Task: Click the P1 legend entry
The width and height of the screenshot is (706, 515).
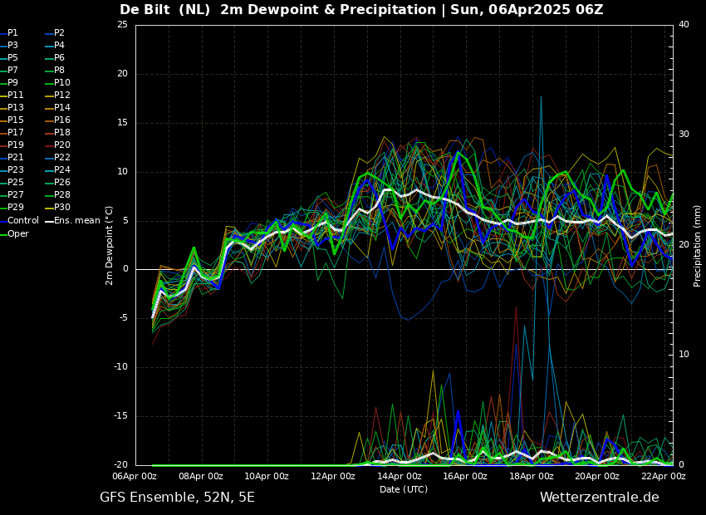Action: [12, 33]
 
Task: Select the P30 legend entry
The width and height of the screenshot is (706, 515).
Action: [61, 208]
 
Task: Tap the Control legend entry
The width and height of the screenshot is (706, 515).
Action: [23, 221]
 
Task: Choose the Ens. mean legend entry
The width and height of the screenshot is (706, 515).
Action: [77, 221]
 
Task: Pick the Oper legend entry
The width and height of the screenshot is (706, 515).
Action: [18, 234]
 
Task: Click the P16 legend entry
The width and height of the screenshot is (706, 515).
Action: [61, 120]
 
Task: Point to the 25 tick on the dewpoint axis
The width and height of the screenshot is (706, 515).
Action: [122, 25]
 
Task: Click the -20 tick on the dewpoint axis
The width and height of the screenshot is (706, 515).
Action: [120, 465]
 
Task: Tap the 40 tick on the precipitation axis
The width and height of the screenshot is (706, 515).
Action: [684, 25]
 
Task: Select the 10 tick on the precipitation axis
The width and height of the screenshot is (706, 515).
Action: [684, 355]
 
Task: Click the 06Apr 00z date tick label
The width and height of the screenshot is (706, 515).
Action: [135, 477]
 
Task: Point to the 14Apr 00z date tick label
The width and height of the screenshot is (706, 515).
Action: [400, 477]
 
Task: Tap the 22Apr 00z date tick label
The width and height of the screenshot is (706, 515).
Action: [664, 477]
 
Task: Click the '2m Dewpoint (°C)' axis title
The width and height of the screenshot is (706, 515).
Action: [110, 245]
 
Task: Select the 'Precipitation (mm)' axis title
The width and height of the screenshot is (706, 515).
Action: [698, 246]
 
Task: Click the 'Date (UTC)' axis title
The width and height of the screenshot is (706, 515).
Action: [404, 489]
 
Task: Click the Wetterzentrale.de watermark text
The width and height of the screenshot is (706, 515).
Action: [599, 498]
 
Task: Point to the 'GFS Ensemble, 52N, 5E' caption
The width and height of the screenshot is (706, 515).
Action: [177, 498]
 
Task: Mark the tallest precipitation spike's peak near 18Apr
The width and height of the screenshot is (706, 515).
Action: [541, 97]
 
